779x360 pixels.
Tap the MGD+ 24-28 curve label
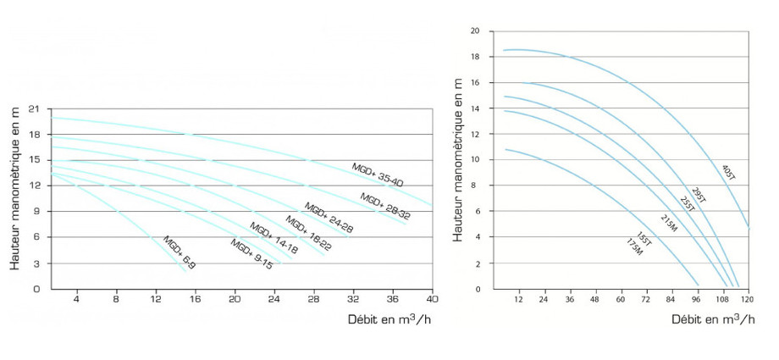pyautogui.click(x=329, y=218)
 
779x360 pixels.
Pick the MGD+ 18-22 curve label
pyautogui.click(x=307, y=233)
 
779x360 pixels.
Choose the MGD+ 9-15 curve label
pyautogui.click(x=251, y=253)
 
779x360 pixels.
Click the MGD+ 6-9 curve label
pyautogui.click(x=180, y=252)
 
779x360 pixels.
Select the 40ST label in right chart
pyautogui.click(x=730, y=173)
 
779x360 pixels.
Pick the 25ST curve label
pyautogui.click(x=688, y=203)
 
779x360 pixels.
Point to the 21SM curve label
pyautogui.click(x=669, y=223)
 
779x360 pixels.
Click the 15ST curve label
pyautogui.click(x=645, y=239)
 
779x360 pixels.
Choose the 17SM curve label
pyautogui.click(x=634, y=249)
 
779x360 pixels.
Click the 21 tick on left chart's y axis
pyautogui.click(x=34, y=108)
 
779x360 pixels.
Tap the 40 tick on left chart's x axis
pyautogui.click(x=431, y=299)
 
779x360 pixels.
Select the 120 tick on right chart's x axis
pyautogui.click(x=748, y=300)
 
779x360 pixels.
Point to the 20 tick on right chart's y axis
pyautogui.click(x=475, y=30)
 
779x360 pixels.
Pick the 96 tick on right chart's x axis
pyautogui.click(x=697, y=300)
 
